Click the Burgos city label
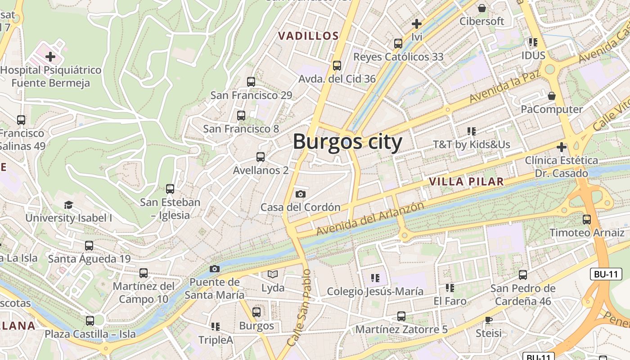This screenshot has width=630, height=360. (x=347, y=142)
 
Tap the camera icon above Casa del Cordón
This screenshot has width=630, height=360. (x=300, y=194)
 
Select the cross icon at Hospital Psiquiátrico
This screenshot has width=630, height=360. (x=50, y=57)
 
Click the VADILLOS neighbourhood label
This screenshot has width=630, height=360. (x=308, y=36)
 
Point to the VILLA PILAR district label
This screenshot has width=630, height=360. (x=466, y=182)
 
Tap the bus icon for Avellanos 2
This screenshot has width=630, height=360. (x=260, y=157)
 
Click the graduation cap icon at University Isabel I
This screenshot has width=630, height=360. (x=68, y=205)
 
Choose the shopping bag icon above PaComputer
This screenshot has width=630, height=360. (x=552, y=96)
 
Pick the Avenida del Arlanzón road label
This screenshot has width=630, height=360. (x=370, y=219)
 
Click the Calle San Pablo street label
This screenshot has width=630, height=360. (x=299, y=308)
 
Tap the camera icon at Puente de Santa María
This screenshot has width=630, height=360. (x=215, y=269)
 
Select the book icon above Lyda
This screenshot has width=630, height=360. (x=273, y=274)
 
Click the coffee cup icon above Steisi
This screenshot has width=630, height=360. (x=489, y=320)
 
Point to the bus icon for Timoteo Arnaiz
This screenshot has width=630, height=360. (x=587, y=220)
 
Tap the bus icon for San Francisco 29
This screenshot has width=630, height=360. (x=251, y=82)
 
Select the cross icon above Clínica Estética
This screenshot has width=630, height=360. (x=562, y=147)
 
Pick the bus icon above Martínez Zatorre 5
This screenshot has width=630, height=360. (x=401, y=316)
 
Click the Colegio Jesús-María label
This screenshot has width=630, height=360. (x=375, y=292)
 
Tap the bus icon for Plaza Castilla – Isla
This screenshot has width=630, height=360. (x=90, y=321)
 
